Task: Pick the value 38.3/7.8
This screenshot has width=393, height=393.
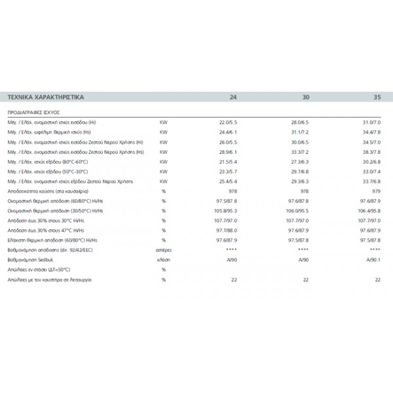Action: [x=372, y=151]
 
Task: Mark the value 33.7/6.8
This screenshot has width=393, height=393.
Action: [x=372, y=181]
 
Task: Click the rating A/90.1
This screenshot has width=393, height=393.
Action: [x=373, y=259]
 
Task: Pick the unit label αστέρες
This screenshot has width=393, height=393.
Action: [x=164, y=250]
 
